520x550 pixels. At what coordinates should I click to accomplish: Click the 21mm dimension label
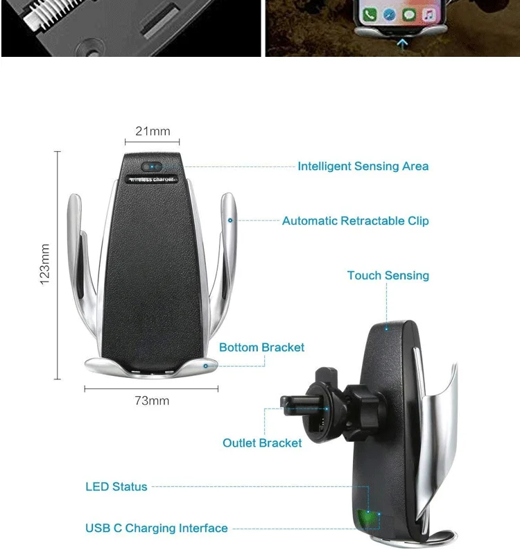tap(153, 131)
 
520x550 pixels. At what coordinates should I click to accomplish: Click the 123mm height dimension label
tap(46, 264)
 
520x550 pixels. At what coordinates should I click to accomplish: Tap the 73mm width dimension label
tap(152, 401)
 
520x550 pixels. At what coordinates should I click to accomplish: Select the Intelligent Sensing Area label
tap(363, 166)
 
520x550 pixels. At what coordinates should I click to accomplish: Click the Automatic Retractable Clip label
tap(355, 221)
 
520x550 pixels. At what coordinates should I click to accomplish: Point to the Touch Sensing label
tap(388, 275)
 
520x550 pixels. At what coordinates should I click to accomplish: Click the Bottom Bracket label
tap(261, 347)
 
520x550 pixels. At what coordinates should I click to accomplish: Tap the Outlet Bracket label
tap(262, 442)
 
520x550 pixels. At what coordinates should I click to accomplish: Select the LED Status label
tap(116, 487)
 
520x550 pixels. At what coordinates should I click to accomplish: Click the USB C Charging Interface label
tap(156, 528)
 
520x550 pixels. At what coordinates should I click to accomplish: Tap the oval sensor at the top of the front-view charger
tap(152, 166)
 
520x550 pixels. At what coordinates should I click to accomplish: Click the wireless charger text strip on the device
tap(153, 180)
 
